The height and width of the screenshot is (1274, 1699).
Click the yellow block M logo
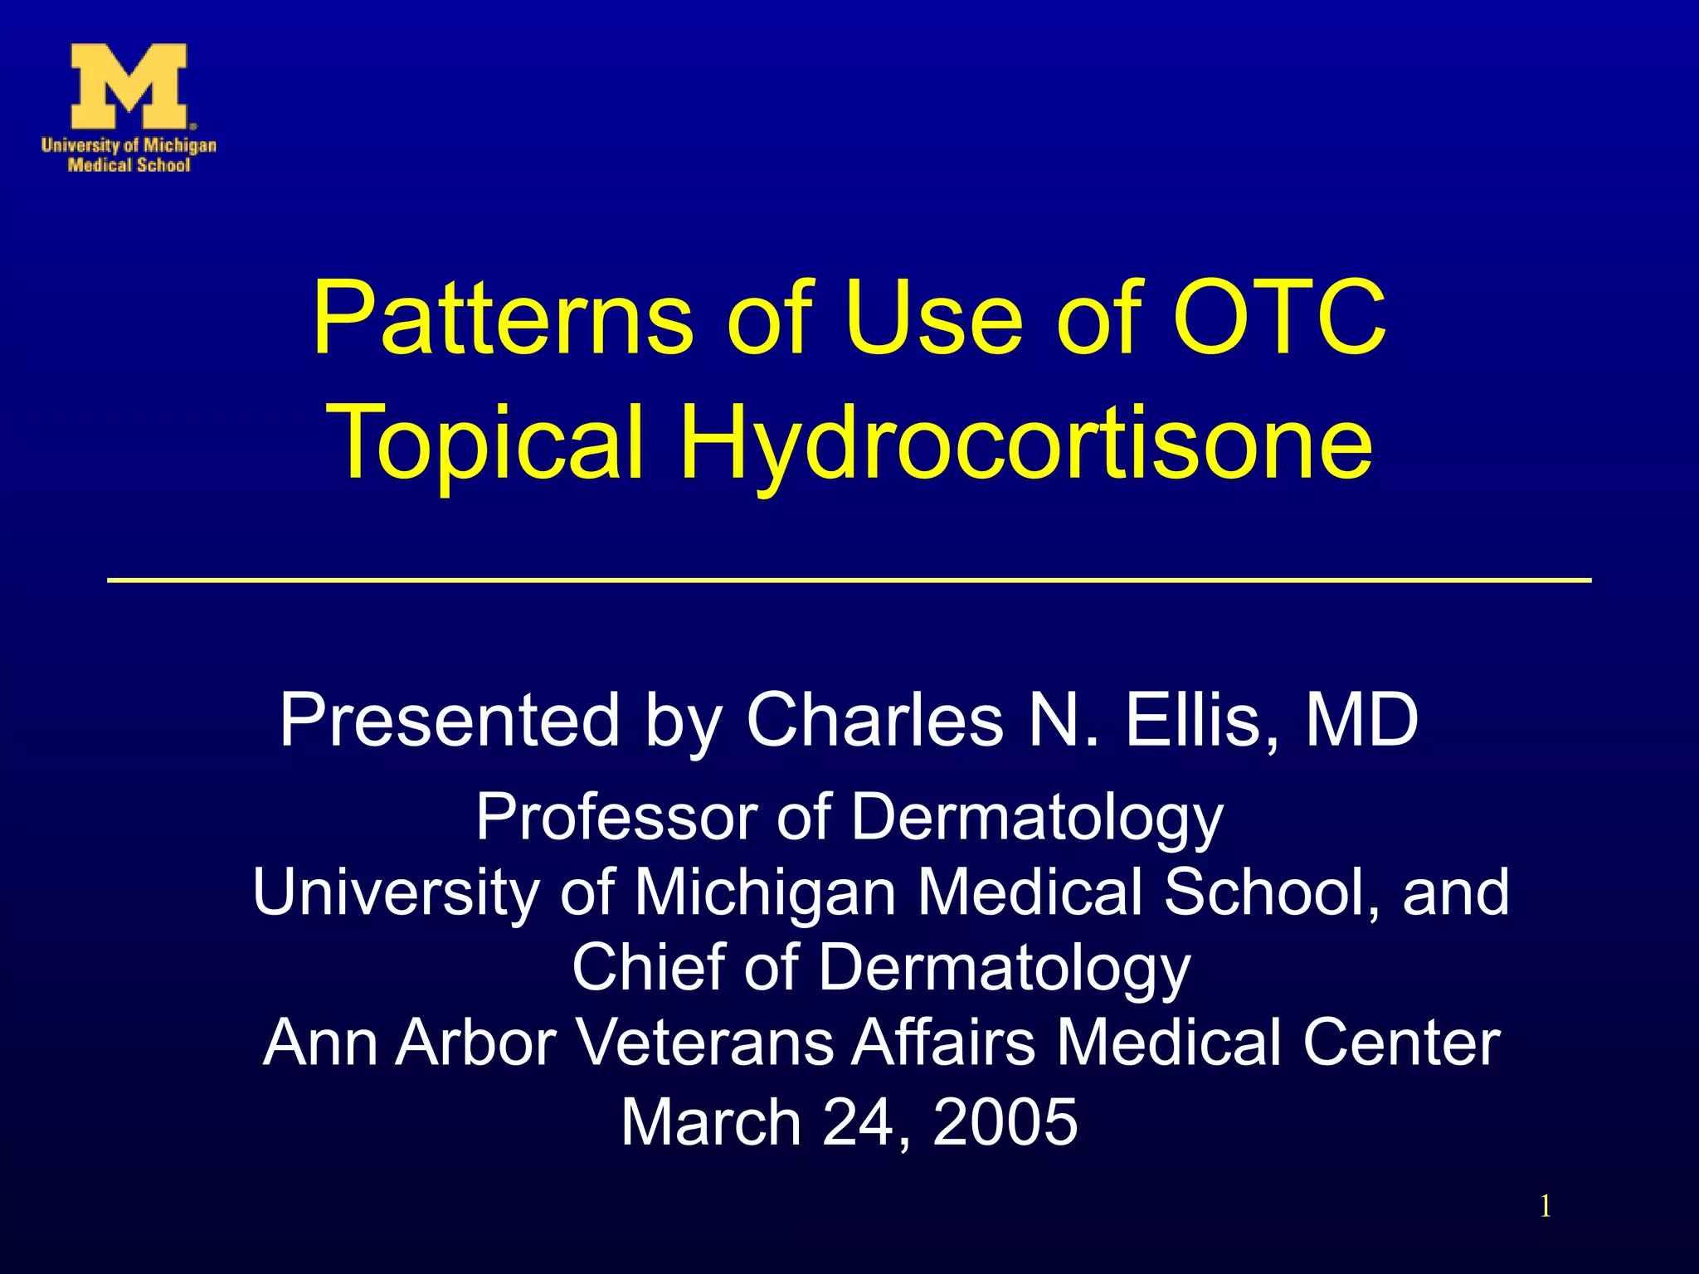point(129,87)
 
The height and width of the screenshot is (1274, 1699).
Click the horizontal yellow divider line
point(849,581)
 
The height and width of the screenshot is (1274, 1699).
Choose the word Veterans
point(705,1043)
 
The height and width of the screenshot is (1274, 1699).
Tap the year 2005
point(1005,1122)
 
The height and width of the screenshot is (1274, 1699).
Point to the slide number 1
point(1545,1206)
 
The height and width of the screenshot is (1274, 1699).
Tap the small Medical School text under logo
point(129,165)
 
